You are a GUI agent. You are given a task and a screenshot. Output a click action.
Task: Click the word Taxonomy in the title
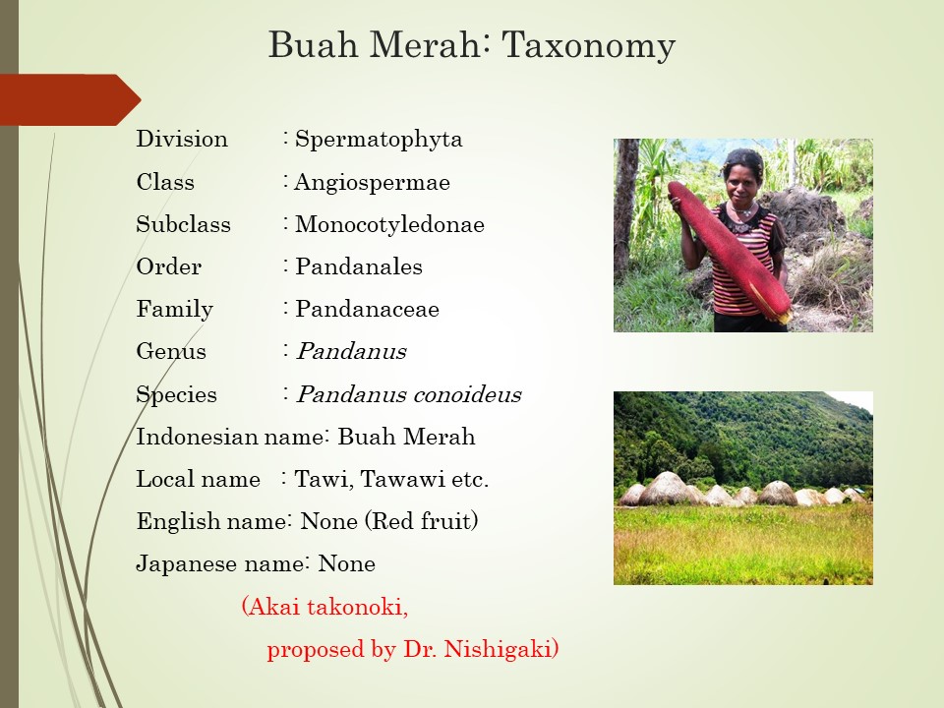coord(588,46)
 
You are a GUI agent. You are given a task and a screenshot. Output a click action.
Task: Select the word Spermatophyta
coord(379,140)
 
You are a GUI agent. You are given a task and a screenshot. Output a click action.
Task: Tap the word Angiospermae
coord(372,183)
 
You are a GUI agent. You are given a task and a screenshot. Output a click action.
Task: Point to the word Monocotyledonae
coord(389,224)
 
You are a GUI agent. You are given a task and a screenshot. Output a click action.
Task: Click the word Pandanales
coord(359,266)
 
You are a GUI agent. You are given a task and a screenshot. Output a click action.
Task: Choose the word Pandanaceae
coord(367,309)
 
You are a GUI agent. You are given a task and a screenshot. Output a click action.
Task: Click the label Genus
coord(171,351)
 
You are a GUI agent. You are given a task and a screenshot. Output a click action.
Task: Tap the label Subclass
coord(184,224)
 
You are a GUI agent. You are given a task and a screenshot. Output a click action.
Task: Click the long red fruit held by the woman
coord(729,251)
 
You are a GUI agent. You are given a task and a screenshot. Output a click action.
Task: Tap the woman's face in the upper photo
coord(743,178)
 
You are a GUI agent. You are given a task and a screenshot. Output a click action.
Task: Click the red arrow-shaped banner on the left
coord(71,100)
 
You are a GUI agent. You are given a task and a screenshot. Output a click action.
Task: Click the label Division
coord(182,139)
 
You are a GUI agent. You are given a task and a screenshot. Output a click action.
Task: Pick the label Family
coord(175,310)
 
